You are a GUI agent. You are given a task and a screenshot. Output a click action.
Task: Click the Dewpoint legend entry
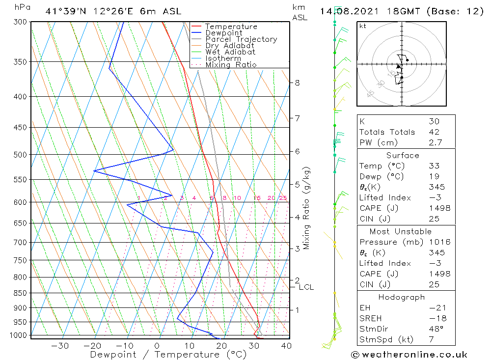pos(223,33)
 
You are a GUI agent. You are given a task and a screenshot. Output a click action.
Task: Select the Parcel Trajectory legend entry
pos(241,39)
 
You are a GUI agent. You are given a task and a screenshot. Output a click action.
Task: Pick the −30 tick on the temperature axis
pos(60,346)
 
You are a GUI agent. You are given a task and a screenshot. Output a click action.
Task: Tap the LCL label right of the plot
pos(306,287)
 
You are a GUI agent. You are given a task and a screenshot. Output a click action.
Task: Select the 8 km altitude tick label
pos(297,83)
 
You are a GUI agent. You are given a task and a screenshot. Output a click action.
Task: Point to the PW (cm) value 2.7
pos(435,142)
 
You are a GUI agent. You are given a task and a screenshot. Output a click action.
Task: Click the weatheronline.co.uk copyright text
pos(409,355)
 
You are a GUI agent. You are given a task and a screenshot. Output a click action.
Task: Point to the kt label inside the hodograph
pos(363,26)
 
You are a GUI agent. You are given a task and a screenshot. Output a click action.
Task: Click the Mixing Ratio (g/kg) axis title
pos(306,208)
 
